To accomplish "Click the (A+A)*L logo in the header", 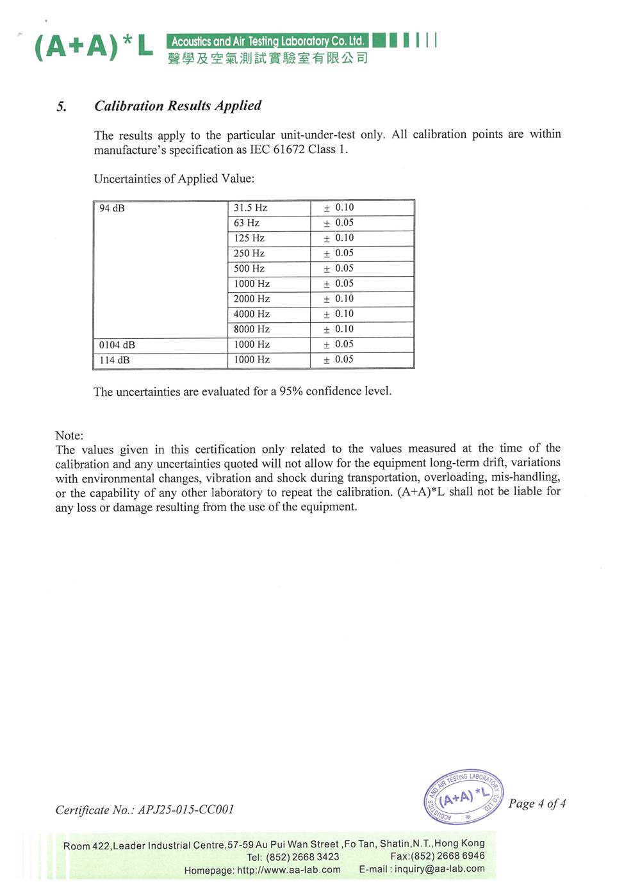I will (94, 46).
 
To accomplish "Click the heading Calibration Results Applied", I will (177, 106).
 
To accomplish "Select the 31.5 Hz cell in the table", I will (250, 208).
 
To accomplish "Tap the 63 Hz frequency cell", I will (247, 223).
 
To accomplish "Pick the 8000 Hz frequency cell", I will (252, 329).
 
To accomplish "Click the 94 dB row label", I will (112, 208).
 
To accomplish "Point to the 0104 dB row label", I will (117, 345).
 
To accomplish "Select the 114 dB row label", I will (115, 360).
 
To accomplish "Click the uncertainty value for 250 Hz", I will (339, 253).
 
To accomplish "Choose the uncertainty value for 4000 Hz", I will (339, 314).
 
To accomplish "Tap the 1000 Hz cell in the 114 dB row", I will (252, 360).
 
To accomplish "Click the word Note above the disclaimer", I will (69, 436).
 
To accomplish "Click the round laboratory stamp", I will (463, 797).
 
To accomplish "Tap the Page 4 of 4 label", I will (537, 803).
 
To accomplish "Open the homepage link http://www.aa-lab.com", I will (289, 870).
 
